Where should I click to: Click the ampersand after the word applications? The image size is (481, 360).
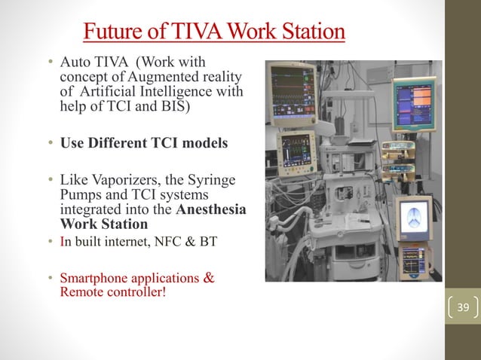(208, 279)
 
